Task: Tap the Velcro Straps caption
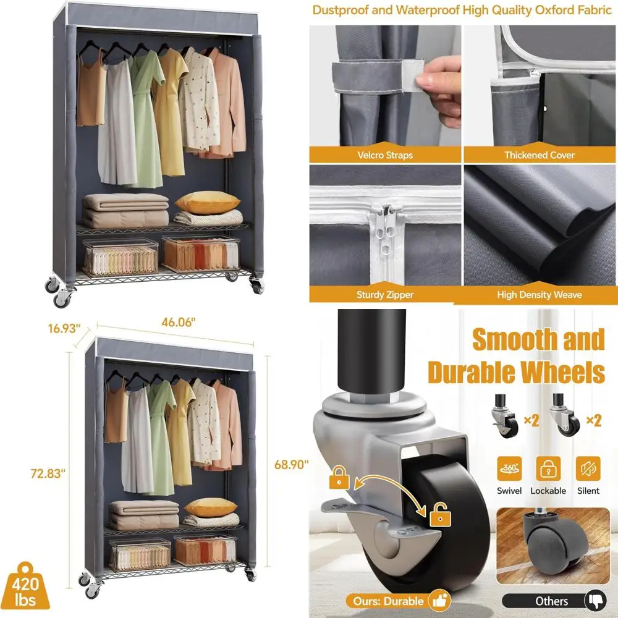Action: [x=385, y=155]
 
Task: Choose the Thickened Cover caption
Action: [x=540, y=155]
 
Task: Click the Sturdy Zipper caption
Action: [x=385, y=295]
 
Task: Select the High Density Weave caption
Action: [x=540, y=295]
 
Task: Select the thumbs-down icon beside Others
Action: [x=596, y=600]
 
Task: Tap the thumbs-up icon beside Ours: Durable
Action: [x=441, y=600]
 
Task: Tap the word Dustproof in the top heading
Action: [x=340, y=10]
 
